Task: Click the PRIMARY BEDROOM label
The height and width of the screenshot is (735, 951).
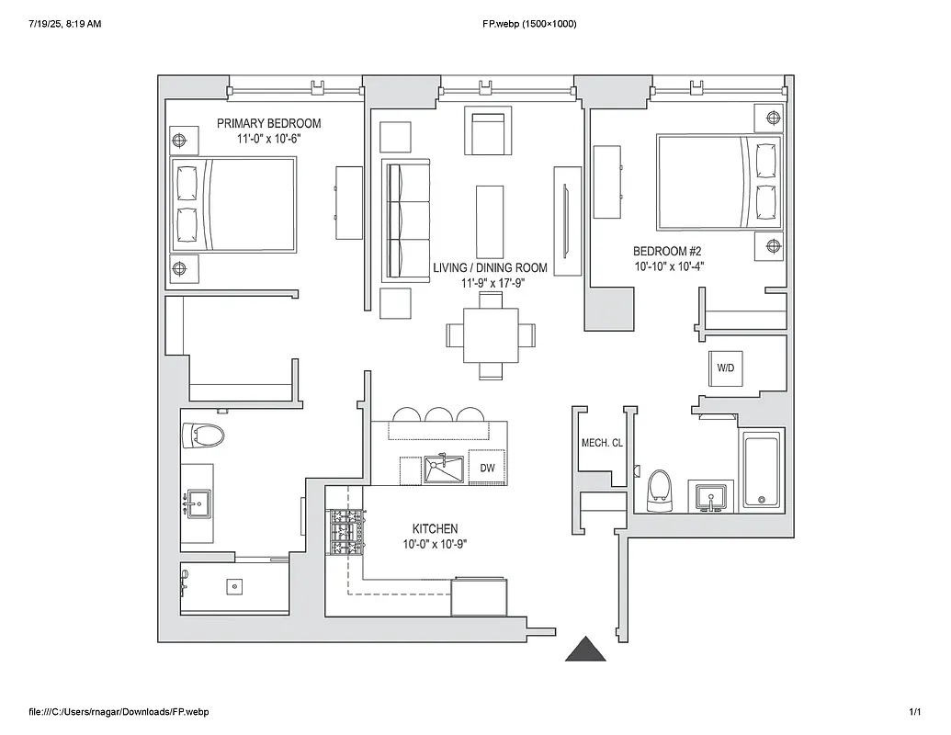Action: tap(268, 123)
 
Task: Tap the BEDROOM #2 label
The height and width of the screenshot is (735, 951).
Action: tap(667, 250)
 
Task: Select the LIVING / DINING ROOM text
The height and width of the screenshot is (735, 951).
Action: tap(490, 268)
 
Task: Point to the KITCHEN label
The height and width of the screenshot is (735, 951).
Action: tap(435, 529)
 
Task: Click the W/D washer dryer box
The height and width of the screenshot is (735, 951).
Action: tap(726, 367)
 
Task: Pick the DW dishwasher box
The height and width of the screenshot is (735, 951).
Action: tap(487, 469)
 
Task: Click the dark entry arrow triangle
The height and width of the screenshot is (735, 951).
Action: tap(585, 650)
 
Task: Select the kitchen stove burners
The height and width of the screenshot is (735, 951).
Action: tap(346, 533)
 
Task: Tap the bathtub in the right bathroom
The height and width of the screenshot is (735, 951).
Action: tap(761, 470)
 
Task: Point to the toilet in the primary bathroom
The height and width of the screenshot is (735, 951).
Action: tap(204, 435)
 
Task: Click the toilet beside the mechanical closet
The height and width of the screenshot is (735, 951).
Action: tap(659, 489)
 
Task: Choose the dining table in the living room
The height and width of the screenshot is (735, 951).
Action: tap(491, 335)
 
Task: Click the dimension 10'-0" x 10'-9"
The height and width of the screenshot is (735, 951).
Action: tap(435, 544)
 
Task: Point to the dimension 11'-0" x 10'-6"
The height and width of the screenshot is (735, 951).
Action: tap(268, 138)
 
